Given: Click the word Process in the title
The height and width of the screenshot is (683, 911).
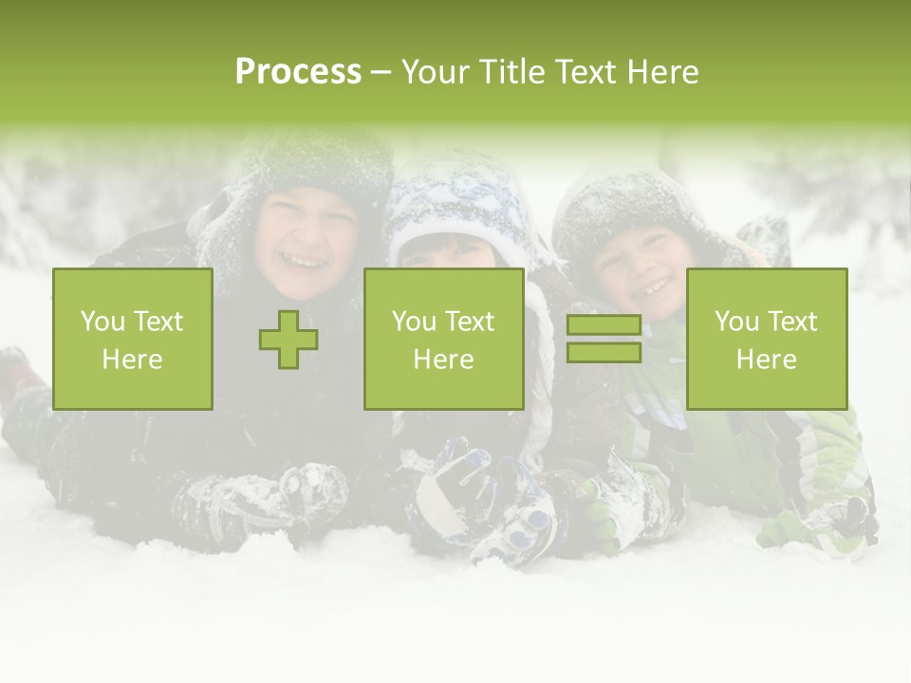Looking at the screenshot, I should [x=298, y=72].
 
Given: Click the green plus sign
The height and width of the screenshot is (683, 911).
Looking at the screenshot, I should [x=288, y=340].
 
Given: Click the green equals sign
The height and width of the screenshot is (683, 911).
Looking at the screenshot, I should [x=604, y=340].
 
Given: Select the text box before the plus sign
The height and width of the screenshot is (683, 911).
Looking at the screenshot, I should [x=133, y=340].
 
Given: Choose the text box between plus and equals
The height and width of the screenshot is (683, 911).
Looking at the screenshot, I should [x=444, y=340].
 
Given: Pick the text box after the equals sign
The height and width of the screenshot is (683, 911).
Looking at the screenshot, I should [x=767, y=340].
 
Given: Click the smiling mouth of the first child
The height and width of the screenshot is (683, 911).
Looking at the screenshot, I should [x=306, y=258].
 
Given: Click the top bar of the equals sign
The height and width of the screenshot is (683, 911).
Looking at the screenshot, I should [x=604, y=325].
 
